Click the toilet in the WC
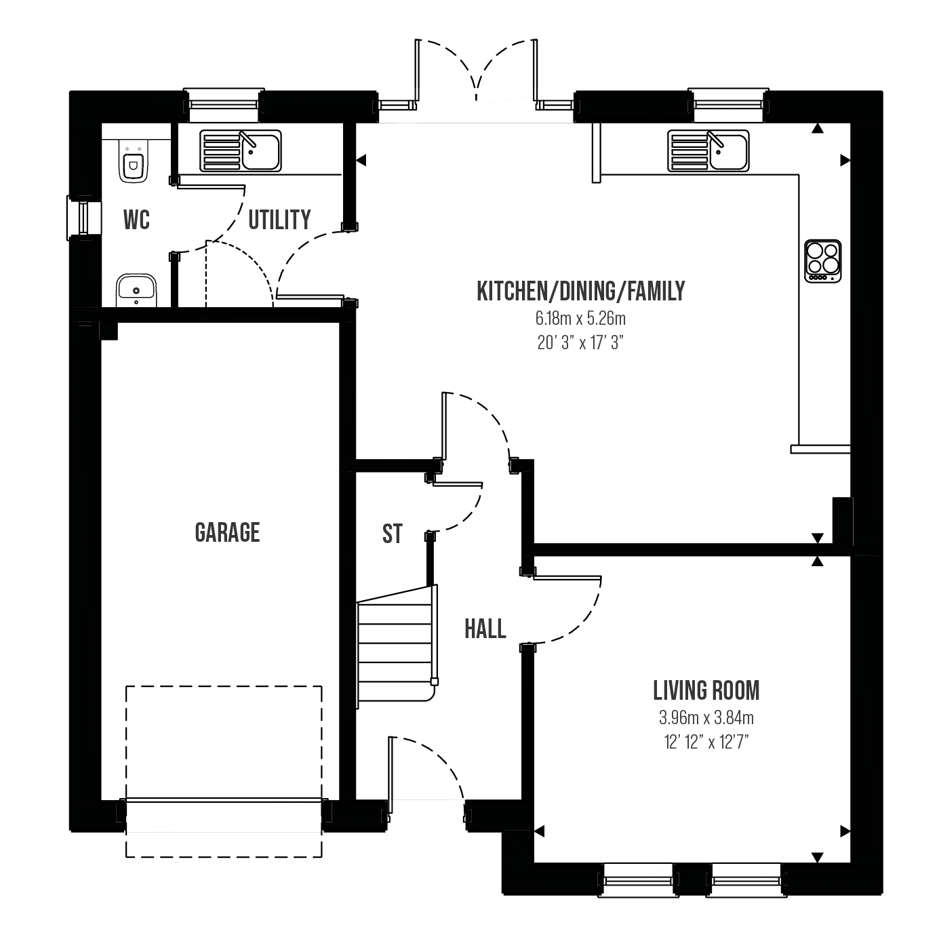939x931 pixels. click(133, 161)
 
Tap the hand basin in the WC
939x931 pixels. click(136, 290)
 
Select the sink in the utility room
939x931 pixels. click(240, 151)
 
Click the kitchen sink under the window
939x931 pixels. click(708, 151)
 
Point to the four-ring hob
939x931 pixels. click(822, 261)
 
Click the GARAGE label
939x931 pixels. click(227, 532)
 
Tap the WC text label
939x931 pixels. click(136, 220)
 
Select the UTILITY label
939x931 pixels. click(280, 220)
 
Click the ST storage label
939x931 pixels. click(393, 534)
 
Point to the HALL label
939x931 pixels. click(485, 629)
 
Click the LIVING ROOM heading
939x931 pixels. click(706, 690)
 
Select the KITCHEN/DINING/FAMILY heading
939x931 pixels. click(581, 292)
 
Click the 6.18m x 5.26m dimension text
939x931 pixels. click(581, 319)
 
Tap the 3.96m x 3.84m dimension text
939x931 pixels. click(706, 717)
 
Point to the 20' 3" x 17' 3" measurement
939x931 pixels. click(581, 343)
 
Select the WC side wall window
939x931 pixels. click(84, 218)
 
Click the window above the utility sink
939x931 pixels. click(224, 105)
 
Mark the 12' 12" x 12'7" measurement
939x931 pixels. click(706, 742)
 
